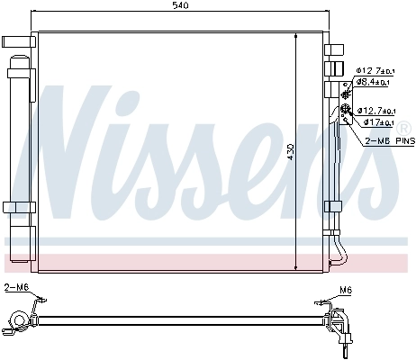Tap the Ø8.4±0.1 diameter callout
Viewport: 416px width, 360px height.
click(373, 82)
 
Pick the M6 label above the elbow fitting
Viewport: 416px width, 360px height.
click(346, 289)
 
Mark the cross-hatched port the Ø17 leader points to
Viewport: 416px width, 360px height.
click(345, 112)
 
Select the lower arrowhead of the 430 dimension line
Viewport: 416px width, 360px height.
click(297, 267)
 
